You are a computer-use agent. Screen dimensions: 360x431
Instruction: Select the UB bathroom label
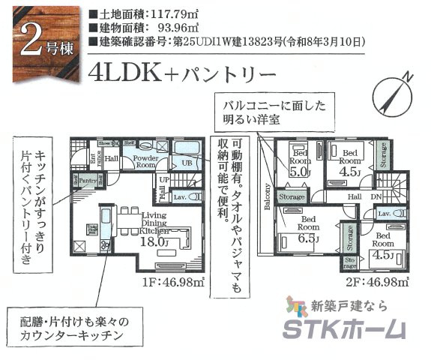click(x=189, y=163)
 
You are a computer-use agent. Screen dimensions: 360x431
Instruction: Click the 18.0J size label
click(x=153, y=243)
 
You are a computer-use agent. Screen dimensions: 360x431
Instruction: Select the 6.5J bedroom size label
click(x=308, y=238)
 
